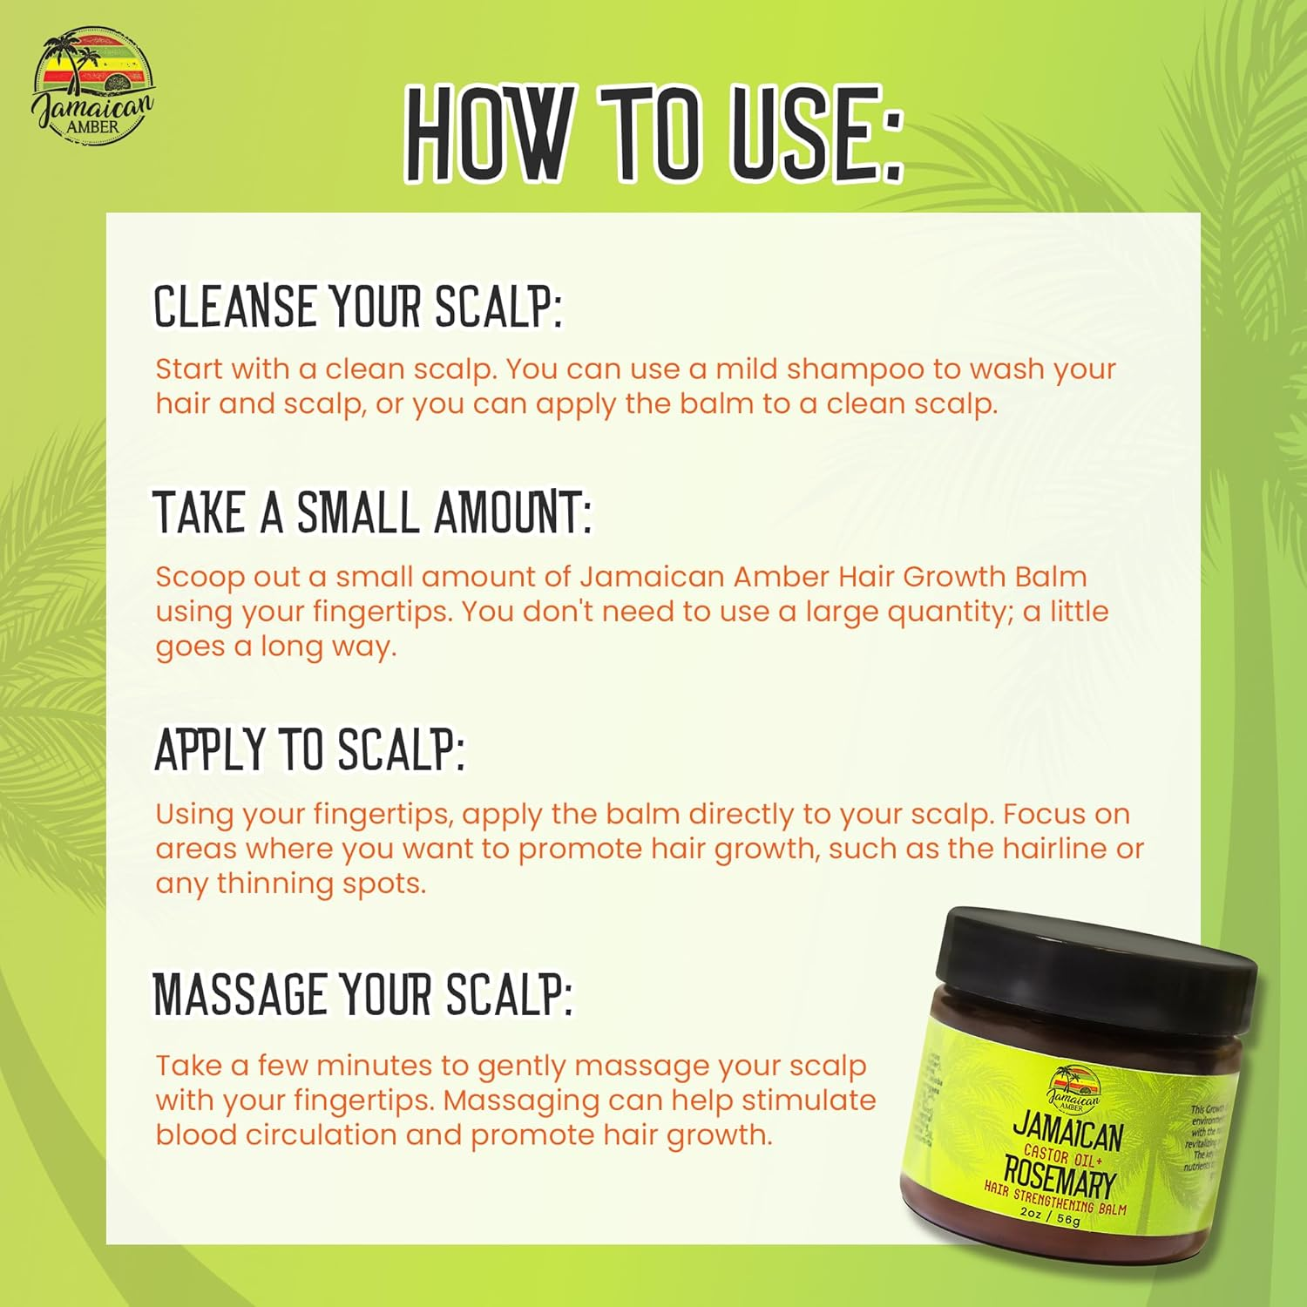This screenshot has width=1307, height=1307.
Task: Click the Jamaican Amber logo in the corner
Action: [x=92, y=84]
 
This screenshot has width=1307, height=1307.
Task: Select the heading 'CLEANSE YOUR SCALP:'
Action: [x=358, y=307]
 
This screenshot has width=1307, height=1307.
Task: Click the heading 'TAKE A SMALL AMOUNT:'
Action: [x=373, y=512]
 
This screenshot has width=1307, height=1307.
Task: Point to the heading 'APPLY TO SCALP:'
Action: [x=309, y=749]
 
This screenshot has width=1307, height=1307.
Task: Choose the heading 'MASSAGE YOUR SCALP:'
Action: [x=363, y=993]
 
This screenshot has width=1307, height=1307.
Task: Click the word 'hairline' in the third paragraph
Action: [x=1053, y=849]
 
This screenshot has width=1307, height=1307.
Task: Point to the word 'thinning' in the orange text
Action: [x=275, y=884]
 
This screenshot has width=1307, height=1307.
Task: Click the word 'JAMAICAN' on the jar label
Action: [x=1068, y=1132]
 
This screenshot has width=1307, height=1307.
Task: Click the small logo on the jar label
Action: [x=1073, y=1087]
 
